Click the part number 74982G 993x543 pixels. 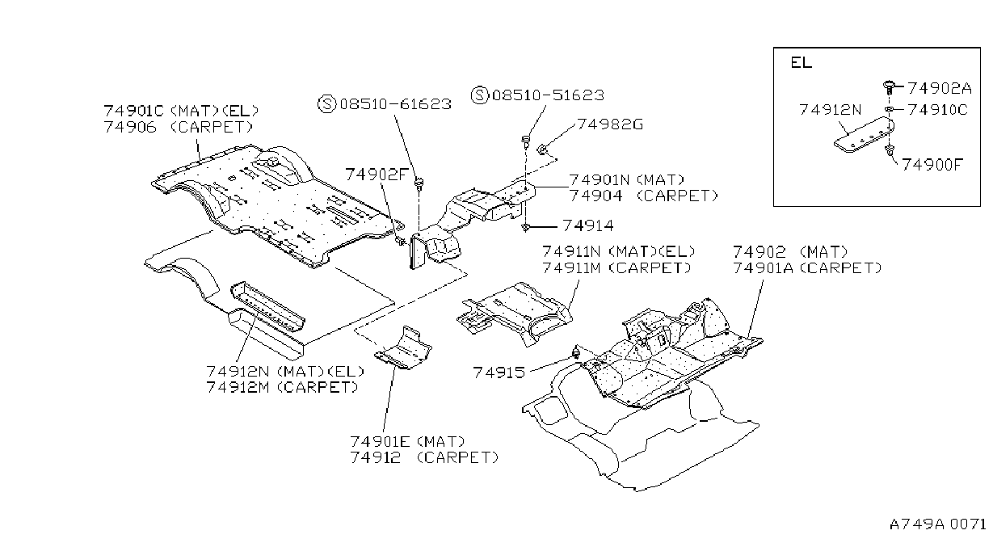point(610,124)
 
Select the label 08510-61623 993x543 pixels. point(395,104)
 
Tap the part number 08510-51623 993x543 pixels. point(549,95)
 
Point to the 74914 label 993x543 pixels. point(588,225)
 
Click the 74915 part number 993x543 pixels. point(499,373)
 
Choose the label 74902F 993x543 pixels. point(376,175)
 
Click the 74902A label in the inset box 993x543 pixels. point(940,88)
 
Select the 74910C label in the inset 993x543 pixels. point(937,109)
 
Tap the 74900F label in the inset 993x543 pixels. point(932,165)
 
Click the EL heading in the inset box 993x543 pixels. point(801,62)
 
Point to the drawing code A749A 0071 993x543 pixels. point(937,524)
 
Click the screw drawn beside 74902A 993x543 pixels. point(889,87)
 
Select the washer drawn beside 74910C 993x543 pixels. point(889,109)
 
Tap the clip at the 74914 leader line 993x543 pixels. point(526,227)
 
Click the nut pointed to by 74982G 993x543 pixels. point(541,149)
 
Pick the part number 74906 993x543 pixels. point(130,127)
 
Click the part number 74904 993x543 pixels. point(595,196)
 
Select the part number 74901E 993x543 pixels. point(381,441)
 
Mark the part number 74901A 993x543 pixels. point(763,268)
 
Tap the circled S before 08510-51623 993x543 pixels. point(479,95)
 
